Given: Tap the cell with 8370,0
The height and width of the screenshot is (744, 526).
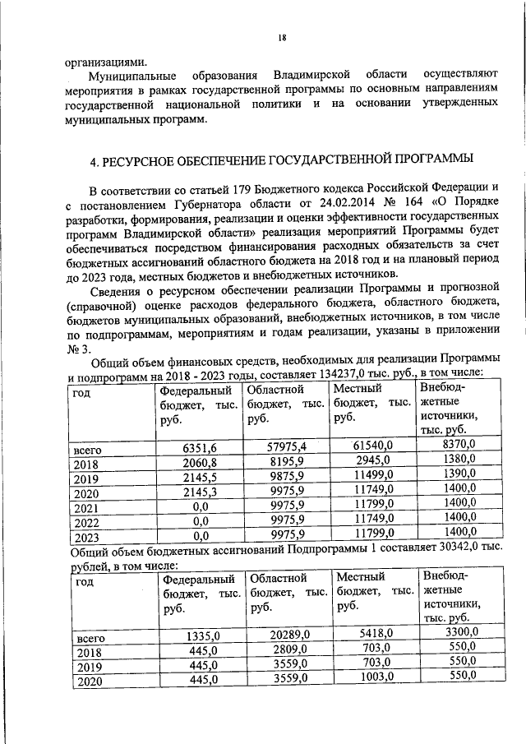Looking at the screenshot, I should (x=459, y=445).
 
